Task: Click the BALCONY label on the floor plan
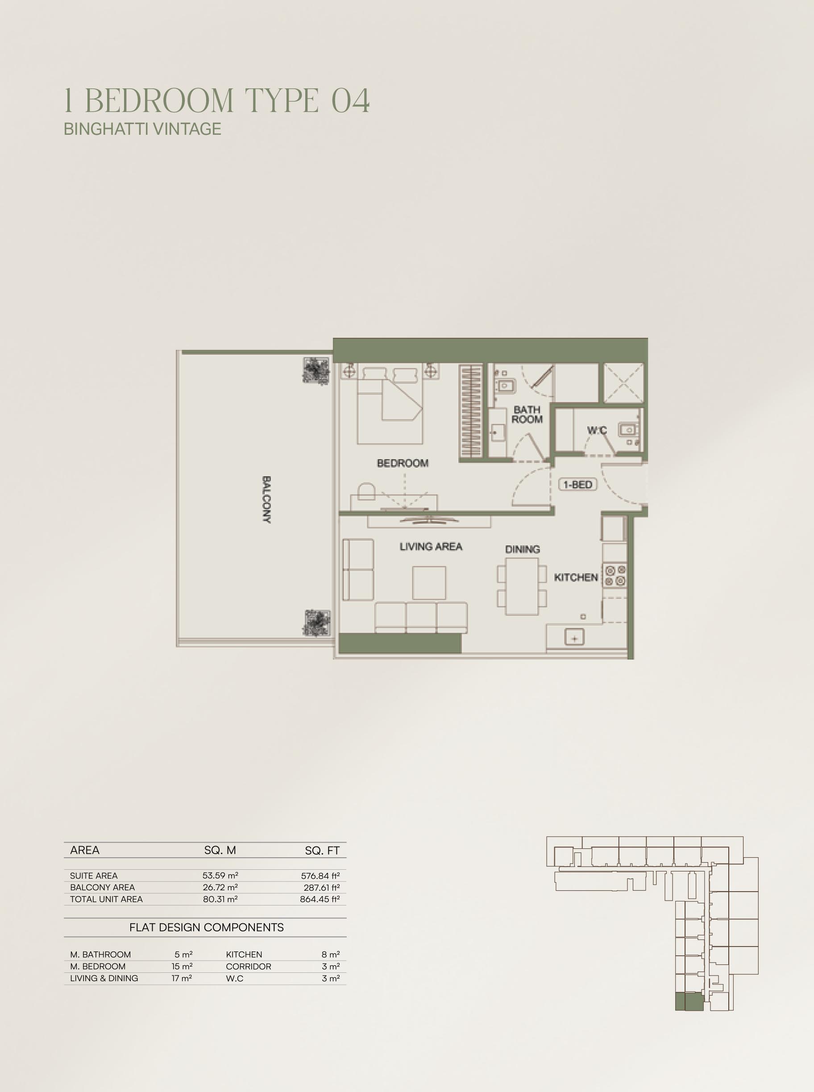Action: pyautogui.click(x=266, y=499)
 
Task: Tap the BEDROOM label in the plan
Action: pyautogui.click(x=403, y=463)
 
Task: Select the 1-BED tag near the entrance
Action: pyautogui.click(x=578, y=485)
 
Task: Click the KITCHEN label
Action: pyautogui.click(x=576, y=577)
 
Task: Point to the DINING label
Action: pyautogui.click(x=522, y=549)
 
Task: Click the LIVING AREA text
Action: pyautogui.click(x=431, y=547)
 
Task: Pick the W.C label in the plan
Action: pyautogui.click(x=597, y=430)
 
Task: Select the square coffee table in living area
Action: pyautogui.click(x=429, y=582)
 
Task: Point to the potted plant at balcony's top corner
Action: pyautogui.click(x=316, y=370)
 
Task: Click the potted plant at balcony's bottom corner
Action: pyautogui.click(x=317, y=623)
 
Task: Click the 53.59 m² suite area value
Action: pyautogui.click(x=220, y=876)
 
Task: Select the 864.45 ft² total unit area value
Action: pyautogui.click(x=320, y=899)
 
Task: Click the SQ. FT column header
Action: pyautogui.click(x=322, y=850)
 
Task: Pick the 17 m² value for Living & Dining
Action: pyautogui.click(x=182, y=978)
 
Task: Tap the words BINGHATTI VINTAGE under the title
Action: pyautogui.click(x=142, y=129)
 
